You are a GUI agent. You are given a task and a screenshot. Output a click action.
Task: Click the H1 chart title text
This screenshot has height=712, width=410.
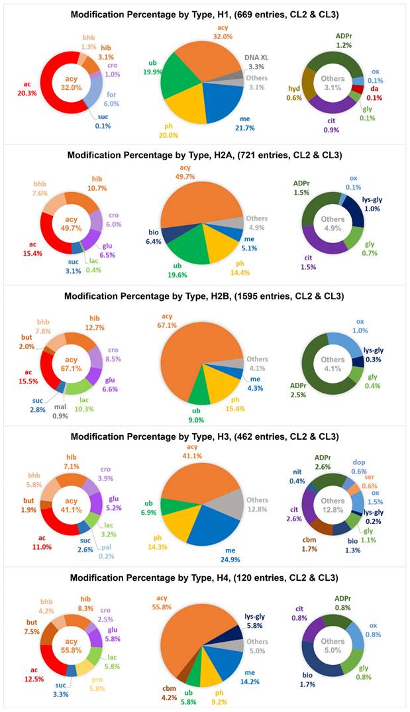coord(205,14)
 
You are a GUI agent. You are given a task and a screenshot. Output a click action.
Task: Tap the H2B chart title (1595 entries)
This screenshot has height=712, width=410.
coord(205,297)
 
